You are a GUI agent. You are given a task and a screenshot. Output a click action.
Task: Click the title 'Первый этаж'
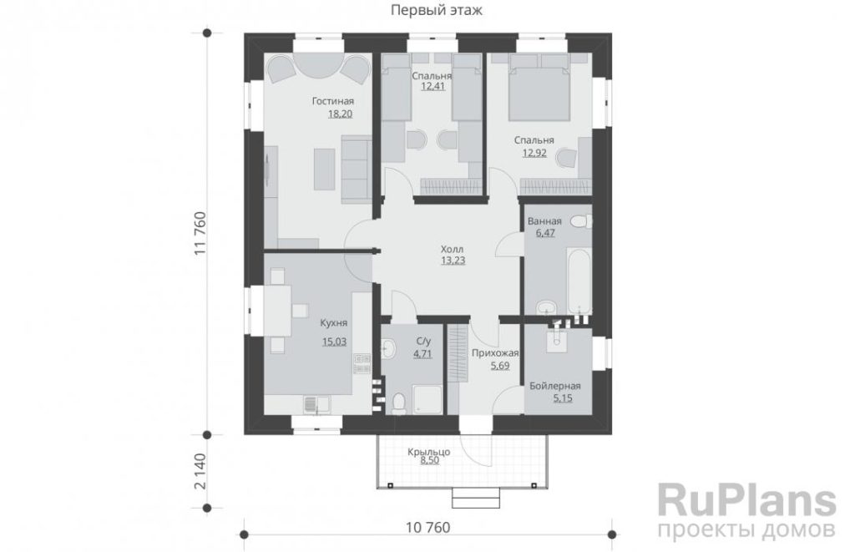click(436, 10)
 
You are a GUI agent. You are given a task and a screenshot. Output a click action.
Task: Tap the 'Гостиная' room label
click(332, 101)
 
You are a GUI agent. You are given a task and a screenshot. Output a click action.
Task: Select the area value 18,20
click(340, 114)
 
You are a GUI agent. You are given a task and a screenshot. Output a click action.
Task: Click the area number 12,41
click(433, 86)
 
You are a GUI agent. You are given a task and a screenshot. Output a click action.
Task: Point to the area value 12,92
click(534, 153)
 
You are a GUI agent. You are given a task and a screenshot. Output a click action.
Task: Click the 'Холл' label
click(452, 249)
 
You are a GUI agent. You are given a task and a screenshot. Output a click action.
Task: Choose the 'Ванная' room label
click(544, 221)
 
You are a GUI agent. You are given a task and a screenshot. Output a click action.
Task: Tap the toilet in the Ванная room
click(581, 221)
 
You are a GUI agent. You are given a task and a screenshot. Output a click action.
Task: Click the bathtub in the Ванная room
click(579, 282)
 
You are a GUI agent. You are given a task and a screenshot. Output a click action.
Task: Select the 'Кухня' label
click(334, 323)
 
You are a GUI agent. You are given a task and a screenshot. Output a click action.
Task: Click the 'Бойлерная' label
click(555, 386)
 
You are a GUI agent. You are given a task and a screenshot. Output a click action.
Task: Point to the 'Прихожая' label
click(495, 353)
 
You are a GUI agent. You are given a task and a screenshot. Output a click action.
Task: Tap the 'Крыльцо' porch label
click(428, 452)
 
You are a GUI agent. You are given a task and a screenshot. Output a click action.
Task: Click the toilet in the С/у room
click(398, 403)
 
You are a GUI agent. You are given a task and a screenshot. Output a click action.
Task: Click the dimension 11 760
click(200, 234)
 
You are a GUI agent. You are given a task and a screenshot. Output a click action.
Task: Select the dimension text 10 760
click(428, 528)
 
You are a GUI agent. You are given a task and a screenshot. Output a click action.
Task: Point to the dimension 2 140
click(200, 471)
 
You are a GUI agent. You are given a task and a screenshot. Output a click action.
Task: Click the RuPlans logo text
click(746, 502)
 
